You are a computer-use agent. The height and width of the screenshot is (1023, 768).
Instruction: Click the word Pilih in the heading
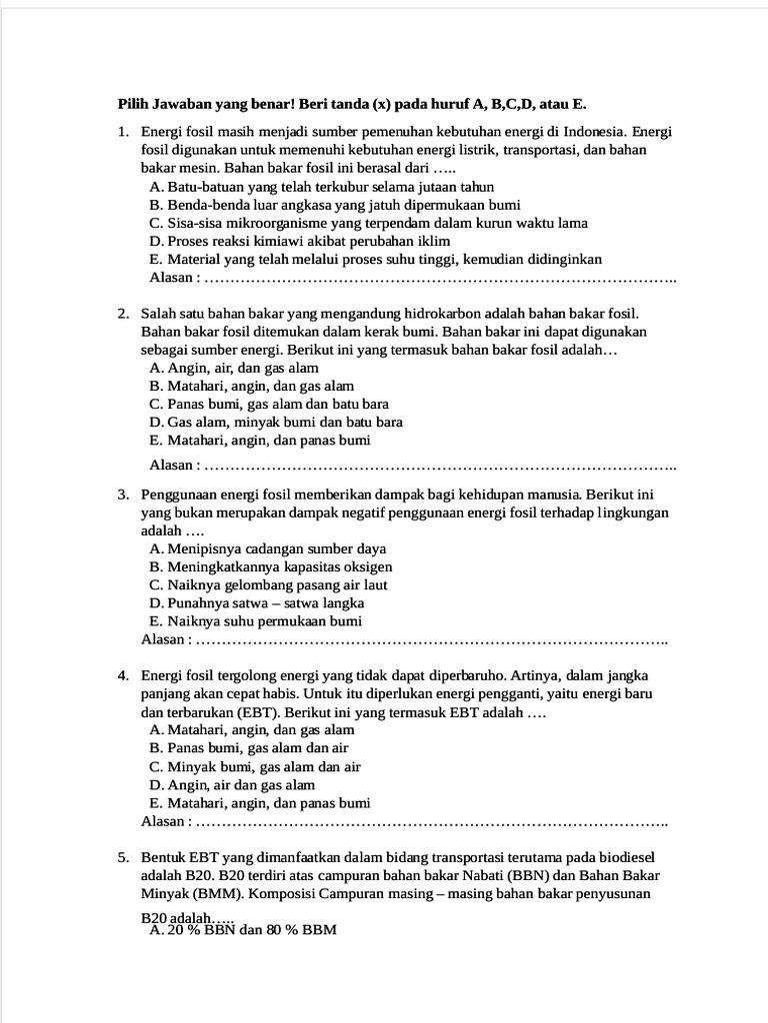pos(133,103)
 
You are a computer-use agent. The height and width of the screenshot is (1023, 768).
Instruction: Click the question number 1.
pos(122,131)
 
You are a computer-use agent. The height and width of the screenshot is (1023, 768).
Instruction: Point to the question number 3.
pos(122,494)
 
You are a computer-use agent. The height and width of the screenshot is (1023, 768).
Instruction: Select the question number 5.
pos(122,857)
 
